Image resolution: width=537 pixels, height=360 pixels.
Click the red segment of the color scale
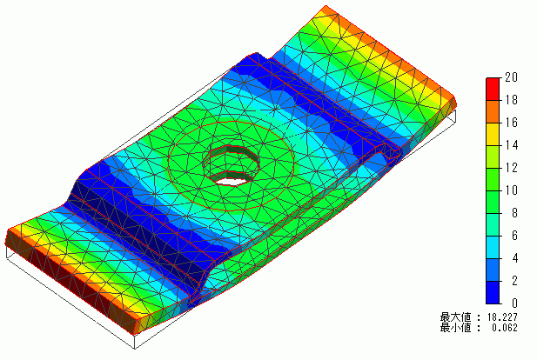coord(493,89)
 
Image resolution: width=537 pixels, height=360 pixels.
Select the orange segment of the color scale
coord(493,111)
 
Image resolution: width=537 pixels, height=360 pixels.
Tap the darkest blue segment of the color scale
coord(493,292)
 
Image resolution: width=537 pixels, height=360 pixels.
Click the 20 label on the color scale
coord(511,77)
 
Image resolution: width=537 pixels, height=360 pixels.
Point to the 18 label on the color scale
coord(511,100)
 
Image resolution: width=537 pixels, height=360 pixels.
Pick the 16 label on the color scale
coord(511,123)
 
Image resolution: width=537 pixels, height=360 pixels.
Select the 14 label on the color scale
coord(511,145)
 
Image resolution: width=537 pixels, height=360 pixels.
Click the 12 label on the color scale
coord(511,168)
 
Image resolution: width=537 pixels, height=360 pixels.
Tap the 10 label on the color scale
coord(511,190)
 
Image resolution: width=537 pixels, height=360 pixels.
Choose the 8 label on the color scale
coord(514,213)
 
